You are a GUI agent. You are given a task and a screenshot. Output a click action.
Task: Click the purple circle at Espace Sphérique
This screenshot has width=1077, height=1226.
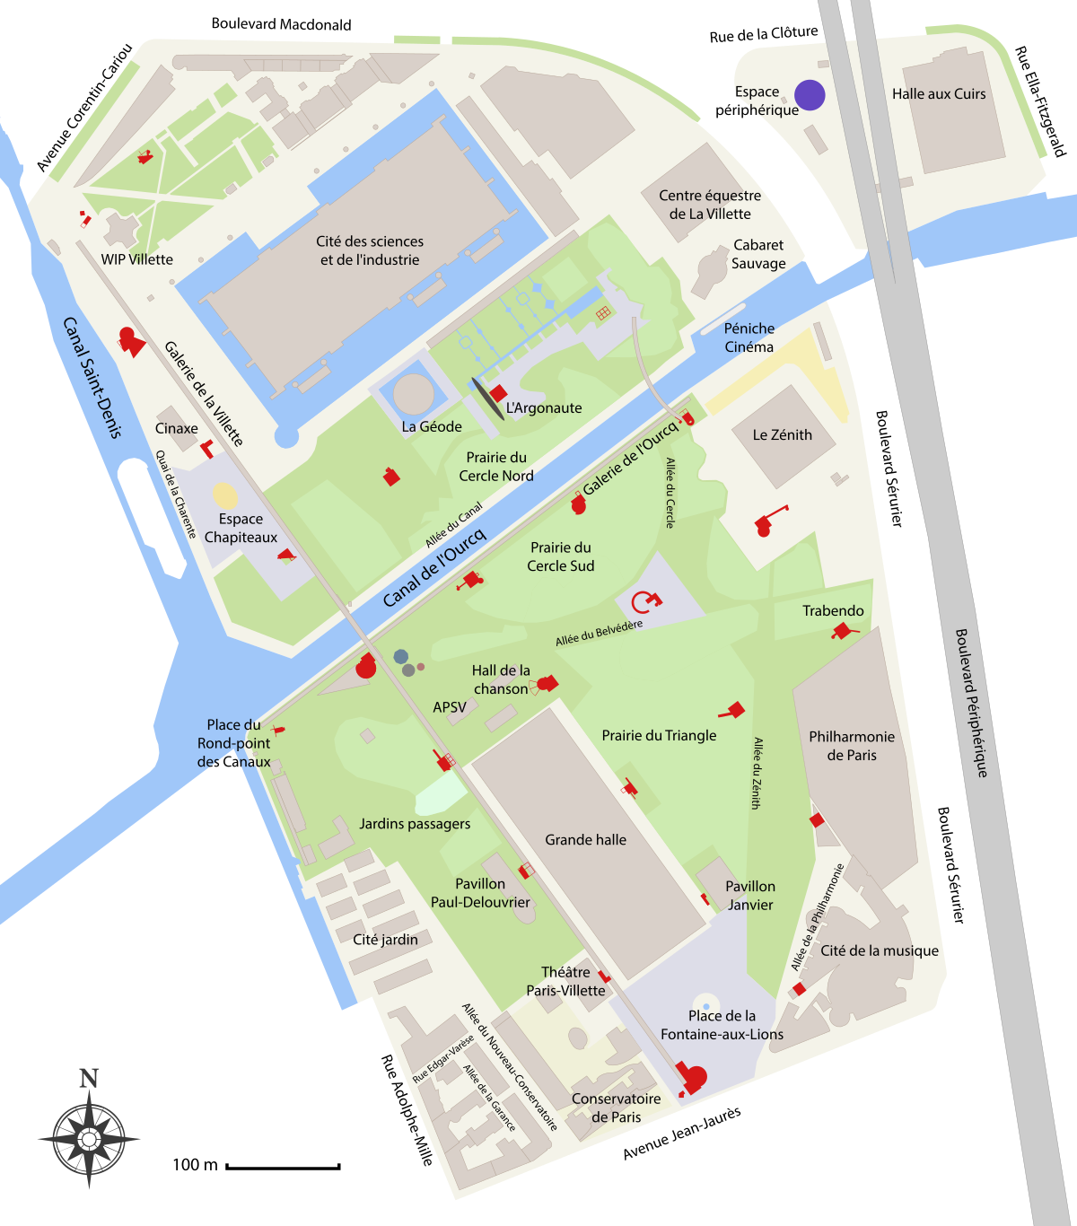[x=810, y=94]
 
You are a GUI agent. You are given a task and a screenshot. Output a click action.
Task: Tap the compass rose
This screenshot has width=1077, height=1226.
[x=89, y=1137]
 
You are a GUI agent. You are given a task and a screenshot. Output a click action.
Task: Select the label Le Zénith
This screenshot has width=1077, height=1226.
[x=782, y=435]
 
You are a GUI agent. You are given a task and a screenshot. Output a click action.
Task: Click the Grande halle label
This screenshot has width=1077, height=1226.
[x=585, y=840]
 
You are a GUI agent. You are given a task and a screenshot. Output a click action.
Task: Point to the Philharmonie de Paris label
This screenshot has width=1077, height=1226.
[x=852, y=746]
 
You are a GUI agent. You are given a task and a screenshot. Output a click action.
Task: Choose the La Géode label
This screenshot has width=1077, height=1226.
[x=432, y=427]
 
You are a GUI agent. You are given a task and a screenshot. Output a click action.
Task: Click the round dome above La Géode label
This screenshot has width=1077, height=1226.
[x=414, y=393]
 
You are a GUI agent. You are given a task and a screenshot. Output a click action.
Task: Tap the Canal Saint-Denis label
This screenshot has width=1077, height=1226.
[x=92, y=378]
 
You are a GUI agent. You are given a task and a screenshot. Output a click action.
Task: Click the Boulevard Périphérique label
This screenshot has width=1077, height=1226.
[x=970, y=703]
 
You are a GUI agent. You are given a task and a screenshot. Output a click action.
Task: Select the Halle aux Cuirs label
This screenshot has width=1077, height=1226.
[x=939, y=94]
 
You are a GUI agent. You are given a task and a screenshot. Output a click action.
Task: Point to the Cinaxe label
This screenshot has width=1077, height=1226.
[x=176, y=429]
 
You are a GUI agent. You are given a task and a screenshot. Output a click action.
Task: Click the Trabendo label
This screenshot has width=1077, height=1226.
[x=833, y=611]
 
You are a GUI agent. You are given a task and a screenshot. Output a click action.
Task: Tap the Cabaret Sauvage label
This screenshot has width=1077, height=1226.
[x=758, y=254]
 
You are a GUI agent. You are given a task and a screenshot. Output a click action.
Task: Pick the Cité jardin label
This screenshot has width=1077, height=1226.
[x=385, y=940]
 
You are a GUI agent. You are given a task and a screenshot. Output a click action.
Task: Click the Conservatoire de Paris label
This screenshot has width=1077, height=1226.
[x=616, y=1108]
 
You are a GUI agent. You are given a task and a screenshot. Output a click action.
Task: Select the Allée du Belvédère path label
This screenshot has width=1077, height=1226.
[x=599, y=633]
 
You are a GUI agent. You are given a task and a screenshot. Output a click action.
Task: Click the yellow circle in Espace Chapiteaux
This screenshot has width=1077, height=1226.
[x=225, y=495]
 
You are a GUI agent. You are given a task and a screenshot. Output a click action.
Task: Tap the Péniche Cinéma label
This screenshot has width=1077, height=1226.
[x=749, y=337]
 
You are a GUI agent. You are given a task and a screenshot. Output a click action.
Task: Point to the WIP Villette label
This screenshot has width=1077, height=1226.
[x=136, y=259]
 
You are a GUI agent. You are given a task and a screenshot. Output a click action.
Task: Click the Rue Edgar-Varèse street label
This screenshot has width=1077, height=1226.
[x=442, y=1059]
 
